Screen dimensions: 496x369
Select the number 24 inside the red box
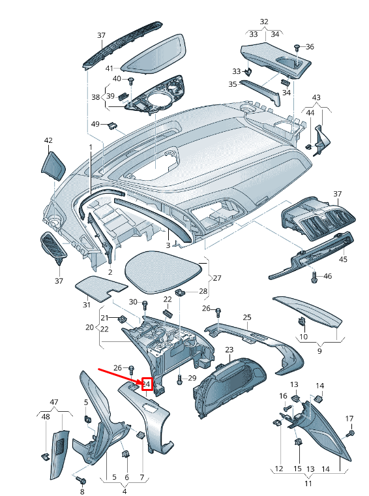tap(147, 384)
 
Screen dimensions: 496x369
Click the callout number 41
tap(110, 69)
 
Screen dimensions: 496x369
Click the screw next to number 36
tap(297, 48)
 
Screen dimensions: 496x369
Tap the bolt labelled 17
tap(350, 433)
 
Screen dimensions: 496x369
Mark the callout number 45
tap(343, 259)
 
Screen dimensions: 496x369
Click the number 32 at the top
tap(264, 22)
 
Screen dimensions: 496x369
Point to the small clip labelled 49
tap(112, 125)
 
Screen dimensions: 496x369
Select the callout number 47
tap(54, 402)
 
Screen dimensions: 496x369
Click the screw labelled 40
tap(130, 80)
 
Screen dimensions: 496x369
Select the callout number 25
tap(247, 317)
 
